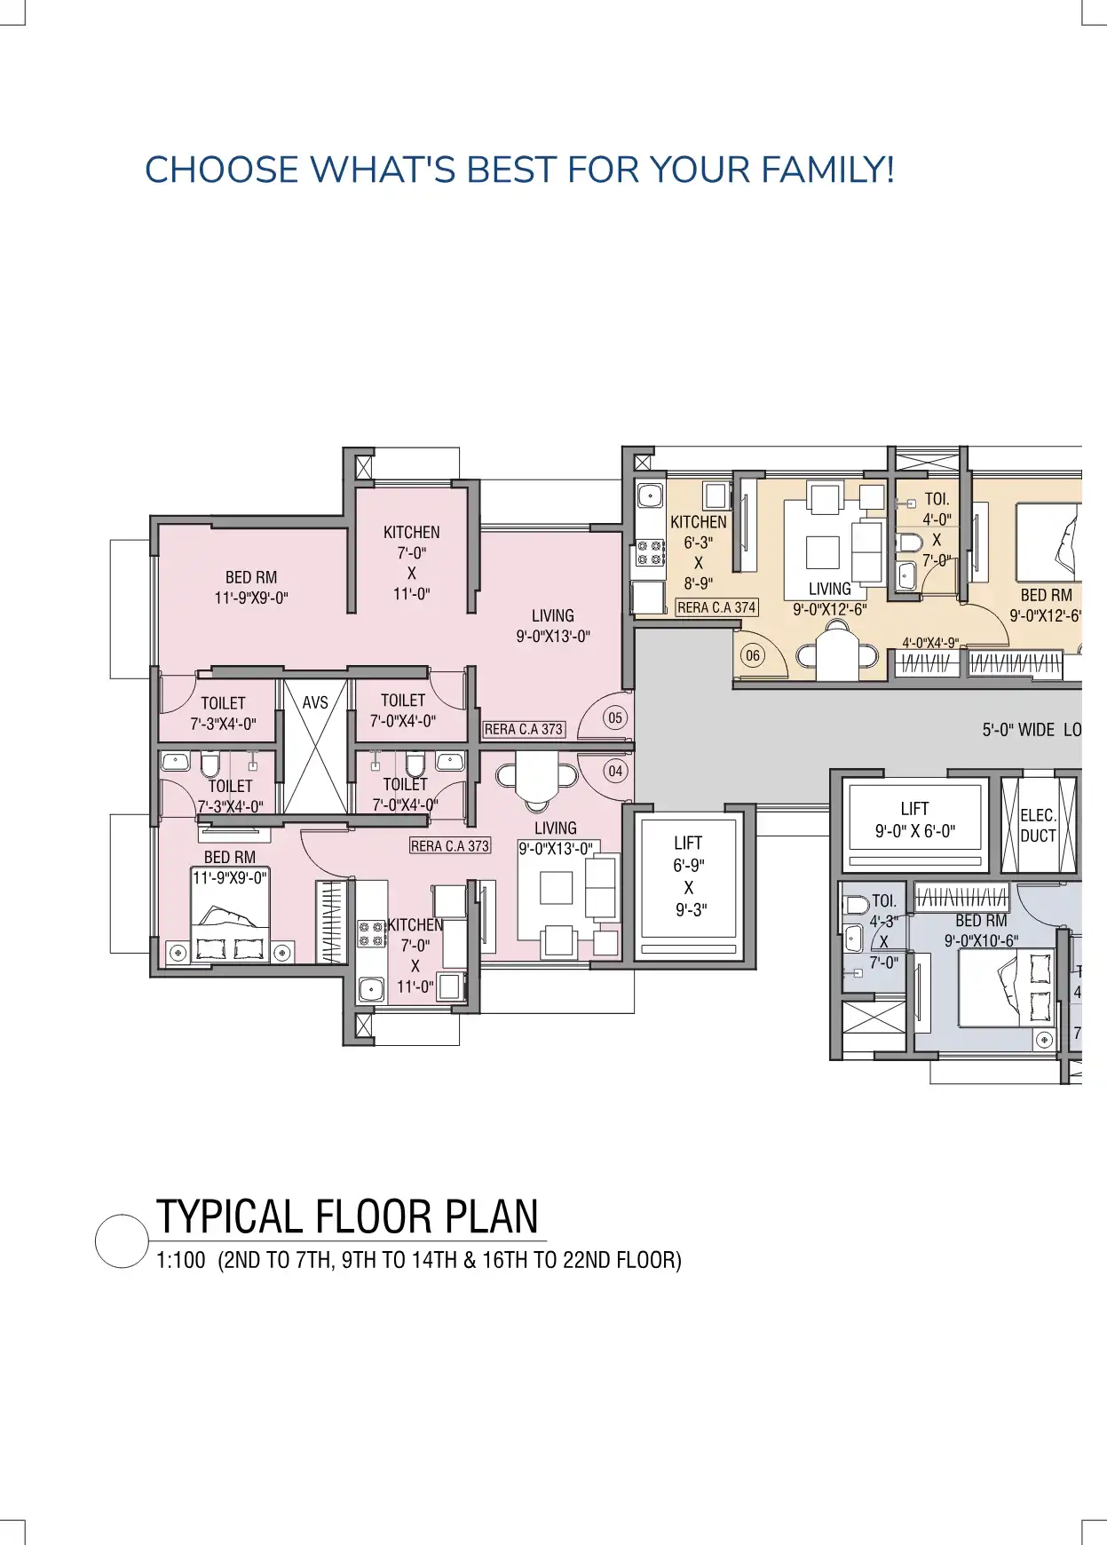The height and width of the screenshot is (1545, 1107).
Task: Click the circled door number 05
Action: pyautogui.click(x=615, y=717)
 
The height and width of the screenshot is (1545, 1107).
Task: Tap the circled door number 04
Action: pyautogui.click(x=615, y=771)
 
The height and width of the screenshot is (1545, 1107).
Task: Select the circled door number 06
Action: pyautogui.click(x=753, y=656)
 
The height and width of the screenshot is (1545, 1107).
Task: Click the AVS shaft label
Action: pyautogui.click(x=315, y=702)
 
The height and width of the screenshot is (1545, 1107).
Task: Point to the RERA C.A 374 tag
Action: pyautogui.click(x=716, y=607)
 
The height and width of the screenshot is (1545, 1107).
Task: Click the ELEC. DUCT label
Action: pyautogui.click(x=1038, y=825)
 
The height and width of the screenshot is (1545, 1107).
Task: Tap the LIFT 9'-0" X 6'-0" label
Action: pyautogui.click(x=915, y=820)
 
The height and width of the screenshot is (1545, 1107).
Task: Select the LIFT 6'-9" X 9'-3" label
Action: pyautogui.click(x=689, y=875)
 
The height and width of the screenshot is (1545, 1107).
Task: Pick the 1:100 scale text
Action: pyautogui.click(x=181, y=1260)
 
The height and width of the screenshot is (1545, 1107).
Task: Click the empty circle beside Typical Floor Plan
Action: pyautogui.click(x=122, y=1241)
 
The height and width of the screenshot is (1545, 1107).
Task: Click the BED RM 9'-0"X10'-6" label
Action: pyautogui.click(x=981, y=931)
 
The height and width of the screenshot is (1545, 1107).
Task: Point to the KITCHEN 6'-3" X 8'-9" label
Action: pyautogui.click(x=699, y=552)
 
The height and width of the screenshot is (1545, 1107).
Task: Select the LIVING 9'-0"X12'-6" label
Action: pyautogui.click(x=830, y=598)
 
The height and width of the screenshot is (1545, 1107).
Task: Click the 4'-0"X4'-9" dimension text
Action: pyautogui.click(x=930, y=643)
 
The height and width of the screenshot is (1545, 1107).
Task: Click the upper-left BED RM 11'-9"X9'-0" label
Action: pyautogui.click(x=251, y=587)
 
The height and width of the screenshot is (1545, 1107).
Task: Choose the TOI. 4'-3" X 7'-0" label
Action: pyautogui.click(x=884, y=931)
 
